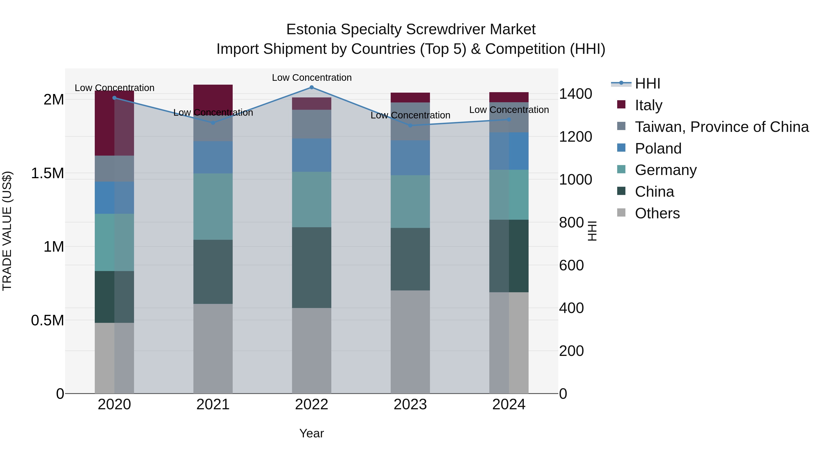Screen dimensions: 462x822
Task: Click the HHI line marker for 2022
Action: click(312, 87)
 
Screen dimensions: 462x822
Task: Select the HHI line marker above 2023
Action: click(410, 125)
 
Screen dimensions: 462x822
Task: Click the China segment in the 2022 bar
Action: click(312, 268)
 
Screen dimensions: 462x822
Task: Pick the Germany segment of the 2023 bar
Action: click(410, 201)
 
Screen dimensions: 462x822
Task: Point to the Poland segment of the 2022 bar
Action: click(312, 155)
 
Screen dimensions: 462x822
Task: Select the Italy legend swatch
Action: click(621, 104)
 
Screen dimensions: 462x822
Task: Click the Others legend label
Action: click(657, 213)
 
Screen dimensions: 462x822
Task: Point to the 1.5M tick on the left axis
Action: click(47, 173)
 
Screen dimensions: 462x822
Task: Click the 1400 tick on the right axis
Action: click(575, 94)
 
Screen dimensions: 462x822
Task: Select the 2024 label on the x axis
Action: click(509, 405)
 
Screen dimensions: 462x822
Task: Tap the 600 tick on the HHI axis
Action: click(571, 265)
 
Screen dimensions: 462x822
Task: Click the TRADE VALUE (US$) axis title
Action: click(7, 231)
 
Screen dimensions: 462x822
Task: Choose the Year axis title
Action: click(311, 433)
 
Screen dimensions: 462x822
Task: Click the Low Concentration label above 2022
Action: click(312, 78)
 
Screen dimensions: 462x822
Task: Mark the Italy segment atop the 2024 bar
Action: click(509, 97)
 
